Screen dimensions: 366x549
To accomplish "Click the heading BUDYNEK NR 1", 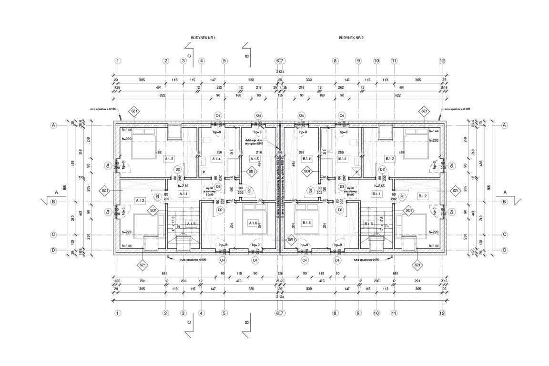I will pyautogui.click(x=203, y=37).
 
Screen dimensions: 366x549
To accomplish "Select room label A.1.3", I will pyautogui.click(x=169, y=158).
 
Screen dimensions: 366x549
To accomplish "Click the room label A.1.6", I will pyautogui.click(x=253, y=223).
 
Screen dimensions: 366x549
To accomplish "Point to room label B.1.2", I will pyautogui.click(x=423, y=196).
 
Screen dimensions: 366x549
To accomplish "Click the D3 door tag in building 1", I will pyautogui.click(x=218, y=186).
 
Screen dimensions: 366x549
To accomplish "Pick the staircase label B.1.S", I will pyautogui.click(x=369, y=224).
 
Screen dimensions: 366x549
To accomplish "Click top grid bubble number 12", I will pyautogui.click(x=442, y=61).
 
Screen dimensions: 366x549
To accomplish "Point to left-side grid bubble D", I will pyautogui.click(x=54, y=250).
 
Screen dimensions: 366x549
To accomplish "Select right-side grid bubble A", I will pyautogui.click(x=505, y=125).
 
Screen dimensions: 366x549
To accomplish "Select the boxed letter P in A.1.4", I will pyautogui.click(x=203, y=172).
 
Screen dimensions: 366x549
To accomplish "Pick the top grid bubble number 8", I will pyautogui.click(x=335, y=61).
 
